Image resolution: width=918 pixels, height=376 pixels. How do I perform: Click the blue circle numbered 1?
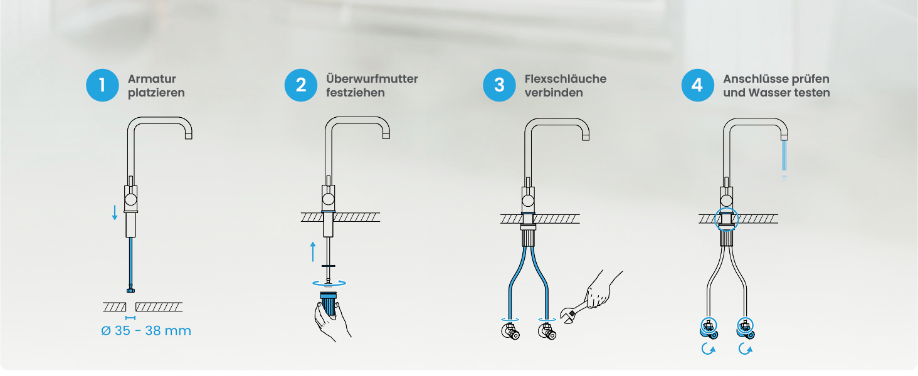click(102, 85)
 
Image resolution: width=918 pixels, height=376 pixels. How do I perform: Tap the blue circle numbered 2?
click(301, 85)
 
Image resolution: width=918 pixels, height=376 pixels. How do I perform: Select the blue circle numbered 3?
click(499, 85)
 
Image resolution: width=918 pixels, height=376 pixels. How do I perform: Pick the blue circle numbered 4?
click(697, 85)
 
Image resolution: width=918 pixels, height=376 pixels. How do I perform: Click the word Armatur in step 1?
click(152, 78)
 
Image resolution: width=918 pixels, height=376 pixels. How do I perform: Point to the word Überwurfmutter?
click(372, 78)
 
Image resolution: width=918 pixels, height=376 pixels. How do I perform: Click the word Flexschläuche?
click(566, 78)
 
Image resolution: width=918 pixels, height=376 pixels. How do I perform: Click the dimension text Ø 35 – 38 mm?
click(146, 330)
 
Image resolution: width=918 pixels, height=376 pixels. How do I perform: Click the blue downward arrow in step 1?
click(115, 212)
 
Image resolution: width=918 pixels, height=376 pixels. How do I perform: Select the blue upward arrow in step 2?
click(313, 251)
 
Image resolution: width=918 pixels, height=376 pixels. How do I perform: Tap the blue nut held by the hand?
click(329, 303)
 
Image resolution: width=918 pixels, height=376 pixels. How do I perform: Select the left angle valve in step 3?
click(510, 331)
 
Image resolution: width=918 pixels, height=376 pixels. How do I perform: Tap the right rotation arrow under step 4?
click(746, 349)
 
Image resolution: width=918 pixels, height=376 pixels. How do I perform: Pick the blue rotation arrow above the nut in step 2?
click(329, 283)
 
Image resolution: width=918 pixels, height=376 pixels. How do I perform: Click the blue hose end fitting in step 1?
click(130, 290)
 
